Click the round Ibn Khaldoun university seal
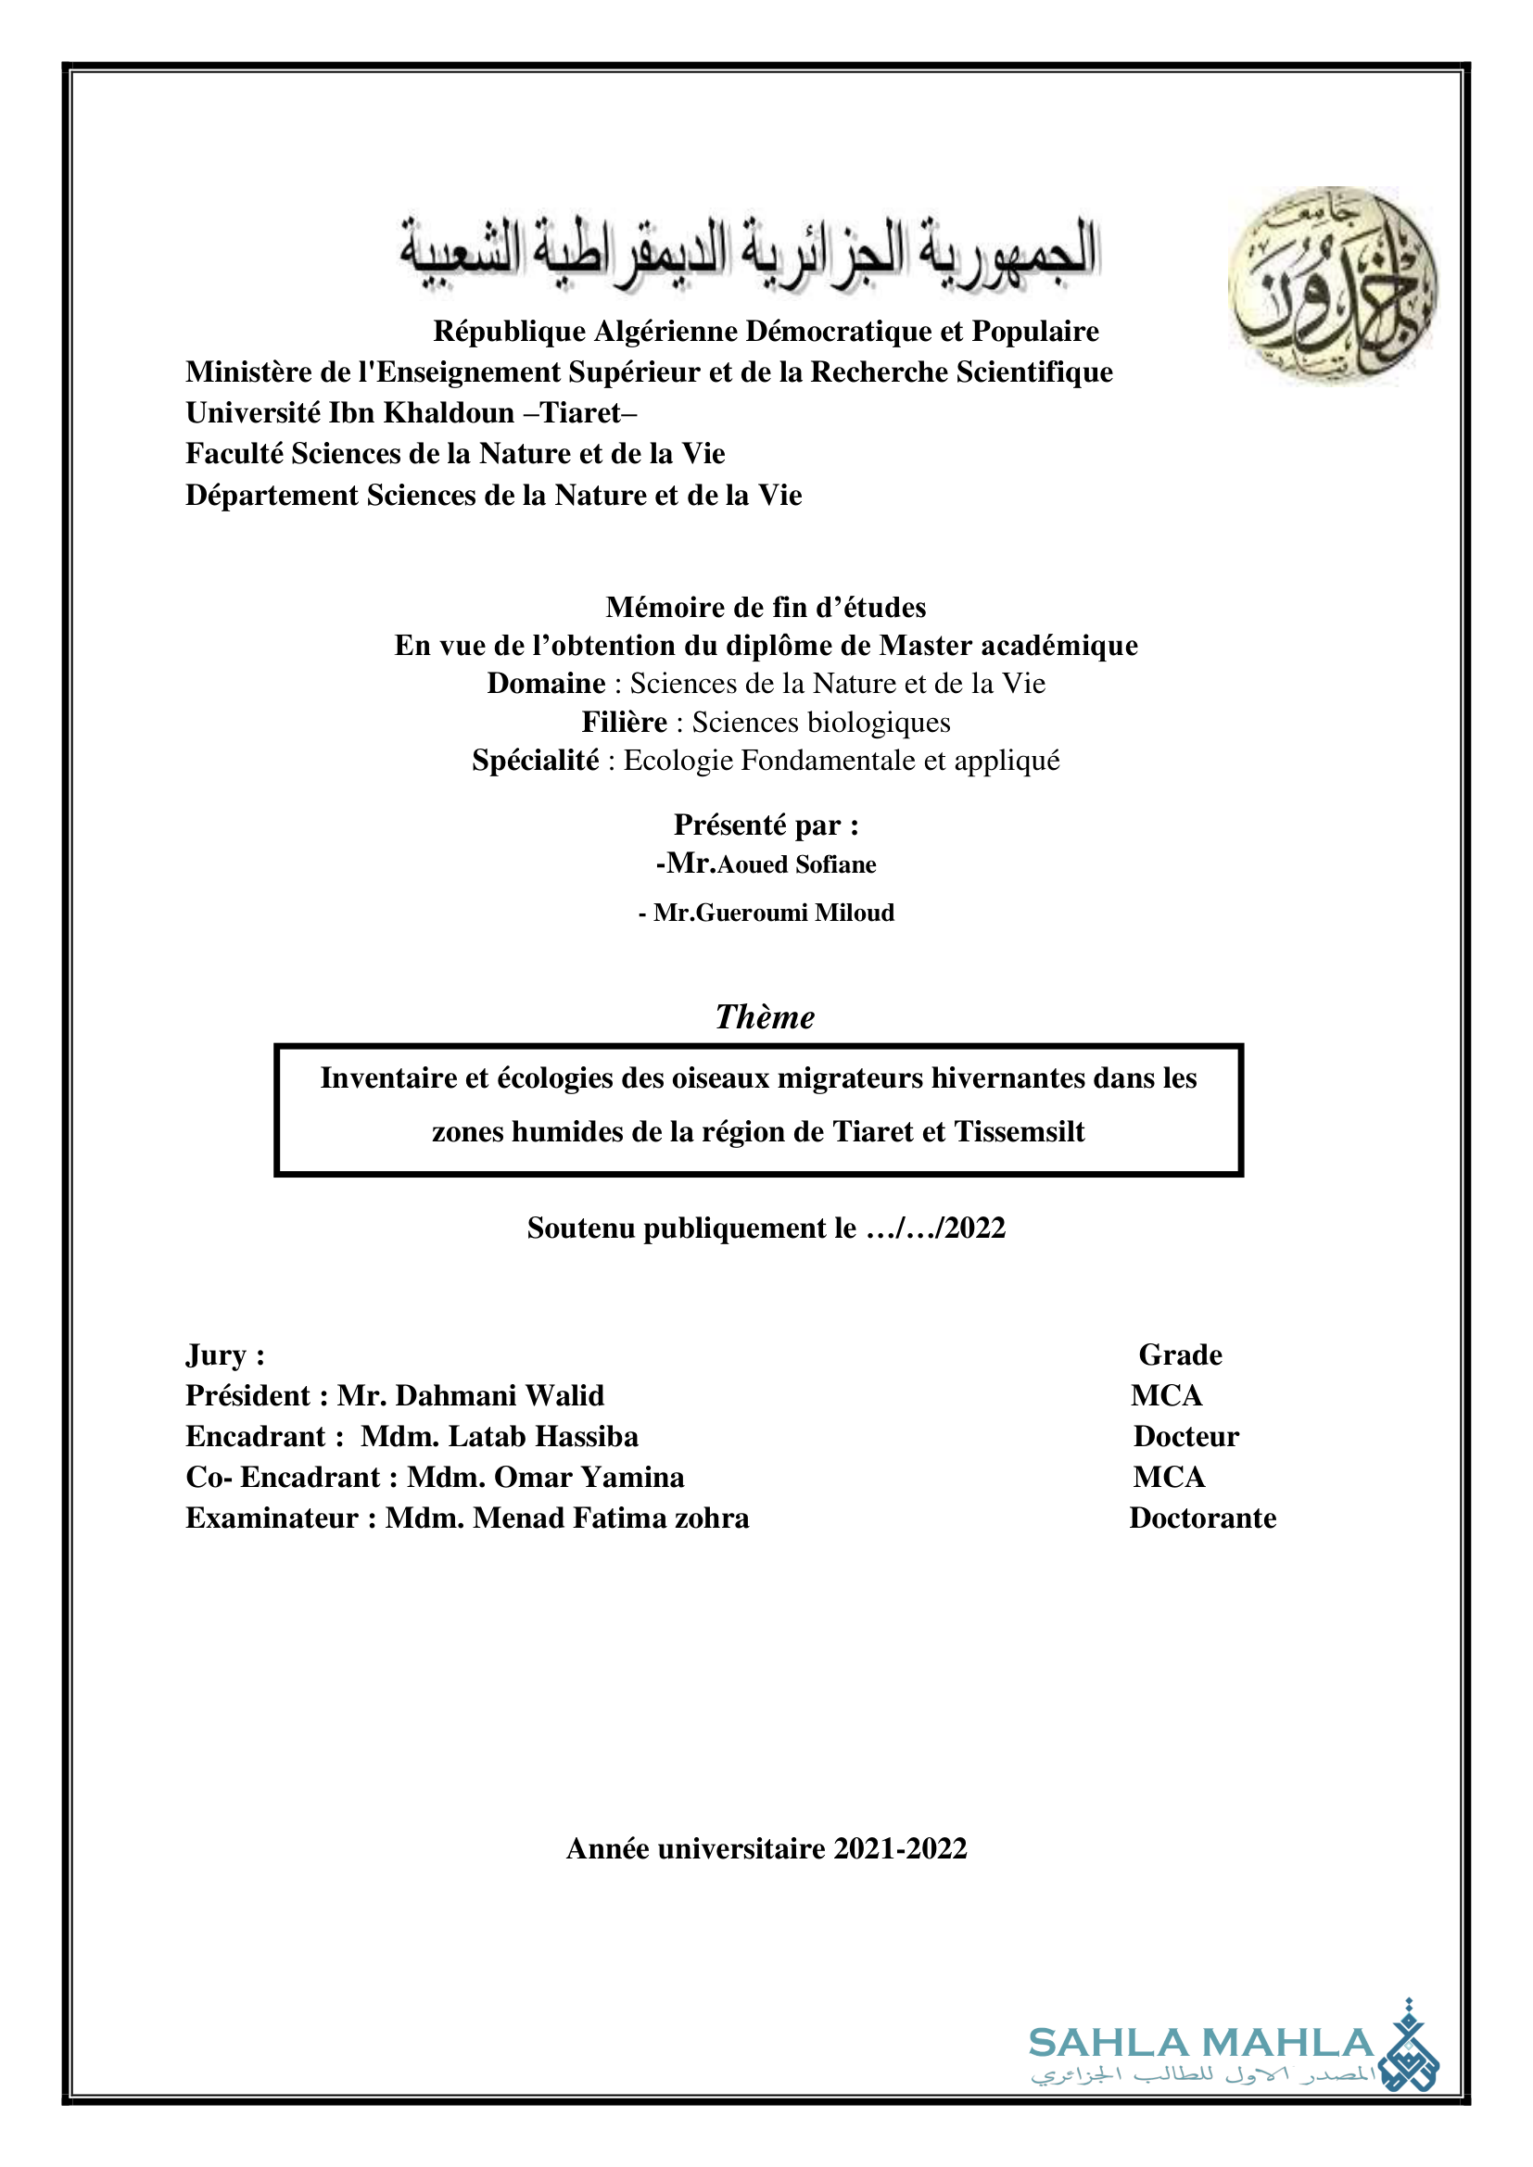click(1332, 284)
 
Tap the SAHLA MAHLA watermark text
click(1200, 2043)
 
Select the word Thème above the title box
click(765, 1017)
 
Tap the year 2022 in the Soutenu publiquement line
click(975, 1228)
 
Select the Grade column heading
click(1180, 1355)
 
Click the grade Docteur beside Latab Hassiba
click(1185, 1437)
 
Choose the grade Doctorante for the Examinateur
click(1203, 1518)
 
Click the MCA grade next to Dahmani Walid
click(1167, 1396)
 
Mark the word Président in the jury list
click(247, 1396)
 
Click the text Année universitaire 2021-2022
click(766, 1848)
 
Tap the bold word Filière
click(624, 722)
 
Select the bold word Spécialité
click(535, 761)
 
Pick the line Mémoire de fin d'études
click(766, 607)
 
